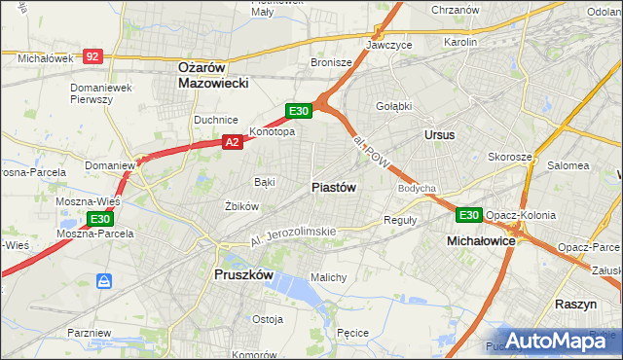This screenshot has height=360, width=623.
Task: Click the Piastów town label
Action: pos(334,187)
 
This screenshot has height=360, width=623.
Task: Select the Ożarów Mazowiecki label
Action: pos(214,75)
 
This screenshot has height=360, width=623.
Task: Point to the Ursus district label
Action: pos(439,135)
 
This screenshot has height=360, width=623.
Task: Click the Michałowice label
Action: pos(480,239)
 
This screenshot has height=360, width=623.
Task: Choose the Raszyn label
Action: pos(575,304)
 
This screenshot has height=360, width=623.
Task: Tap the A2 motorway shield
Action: pos(232,142)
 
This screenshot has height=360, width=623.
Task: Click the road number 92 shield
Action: pos(92,57)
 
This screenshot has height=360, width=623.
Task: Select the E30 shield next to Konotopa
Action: pos(299,112)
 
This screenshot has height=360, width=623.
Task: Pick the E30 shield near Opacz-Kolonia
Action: pos(469,215)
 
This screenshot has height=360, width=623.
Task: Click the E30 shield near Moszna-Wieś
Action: pos(102,219)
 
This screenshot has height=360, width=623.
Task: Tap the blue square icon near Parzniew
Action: pos(104,281)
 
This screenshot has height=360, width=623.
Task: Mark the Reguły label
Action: pos(400,220)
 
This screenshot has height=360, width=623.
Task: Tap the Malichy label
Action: pos(328,277)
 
